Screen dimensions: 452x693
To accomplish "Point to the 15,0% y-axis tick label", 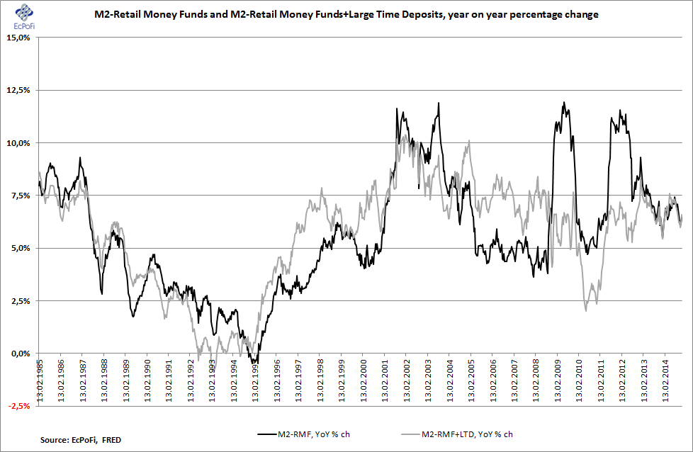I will click(x=18, y=38).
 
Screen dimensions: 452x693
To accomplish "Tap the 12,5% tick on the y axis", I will click(x=18, y=91).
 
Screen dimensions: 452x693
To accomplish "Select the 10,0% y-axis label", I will click(x=18, y=143).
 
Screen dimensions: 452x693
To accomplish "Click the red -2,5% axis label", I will click(x=18, y=406).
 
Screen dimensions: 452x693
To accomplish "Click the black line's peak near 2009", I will click(x=564, y=103).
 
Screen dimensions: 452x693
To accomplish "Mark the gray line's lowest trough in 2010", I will click(x=586, y=310).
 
